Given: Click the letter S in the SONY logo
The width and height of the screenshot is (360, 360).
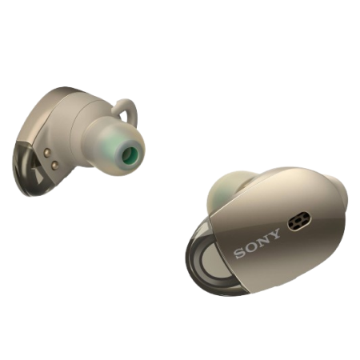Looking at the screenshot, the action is point(240,253).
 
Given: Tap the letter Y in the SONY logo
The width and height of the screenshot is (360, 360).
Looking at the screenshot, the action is point(274,234).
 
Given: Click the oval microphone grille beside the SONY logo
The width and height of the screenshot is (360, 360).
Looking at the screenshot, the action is point(299,221).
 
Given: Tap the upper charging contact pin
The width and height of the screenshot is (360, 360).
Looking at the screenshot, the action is point(48,153).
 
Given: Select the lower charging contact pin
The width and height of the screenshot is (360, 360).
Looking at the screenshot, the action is point(55,165).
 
